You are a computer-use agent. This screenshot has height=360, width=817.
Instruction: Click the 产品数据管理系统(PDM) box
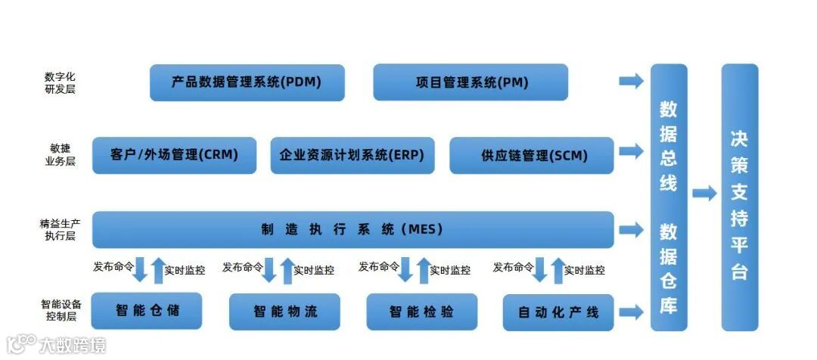click(x=247, y=82)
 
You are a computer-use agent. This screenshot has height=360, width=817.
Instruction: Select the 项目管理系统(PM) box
click(x=471, y=82)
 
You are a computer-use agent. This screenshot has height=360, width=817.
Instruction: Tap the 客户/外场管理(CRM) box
click(x=174, y=156)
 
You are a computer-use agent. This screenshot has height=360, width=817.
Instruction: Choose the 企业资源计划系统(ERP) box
click(x=352, y=156)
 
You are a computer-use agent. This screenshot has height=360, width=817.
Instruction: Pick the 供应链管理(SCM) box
click(x=531, y=156)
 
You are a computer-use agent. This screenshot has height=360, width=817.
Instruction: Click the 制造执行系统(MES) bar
click(x=353, y=229)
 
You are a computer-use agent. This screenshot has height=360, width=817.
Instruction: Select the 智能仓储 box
click(x=147, y=310)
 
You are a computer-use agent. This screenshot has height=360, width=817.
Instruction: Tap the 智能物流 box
click(x=284, y=311)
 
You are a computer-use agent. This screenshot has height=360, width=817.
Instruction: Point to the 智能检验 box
click(x=421, y=311)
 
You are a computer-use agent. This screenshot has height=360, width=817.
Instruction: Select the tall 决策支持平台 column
click(x=739, y=197)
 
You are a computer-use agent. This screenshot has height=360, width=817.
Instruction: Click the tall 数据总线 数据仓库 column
click(x=669, y=197)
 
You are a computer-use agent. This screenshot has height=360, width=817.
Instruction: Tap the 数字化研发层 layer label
click(x=61, y=83)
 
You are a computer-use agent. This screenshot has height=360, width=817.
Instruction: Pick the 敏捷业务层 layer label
click(x=61, y=156)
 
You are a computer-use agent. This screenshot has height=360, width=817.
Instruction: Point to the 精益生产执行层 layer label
click(x=60, y=229)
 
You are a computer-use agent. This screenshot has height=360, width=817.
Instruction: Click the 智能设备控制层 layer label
click(x=61, y=310)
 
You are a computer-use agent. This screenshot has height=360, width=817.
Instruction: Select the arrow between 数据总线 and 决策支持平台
click(x=704, y=194)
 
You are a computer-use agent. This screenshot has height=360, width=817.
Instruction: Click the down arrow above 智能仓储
click(x=140, y=269)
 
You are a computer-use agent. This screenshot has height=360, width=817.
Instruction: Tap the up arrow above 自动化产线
click(x=558, y=270)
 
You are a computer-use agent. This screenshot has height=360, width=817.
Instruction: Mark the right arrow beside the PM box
click(x=631, y=82)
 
